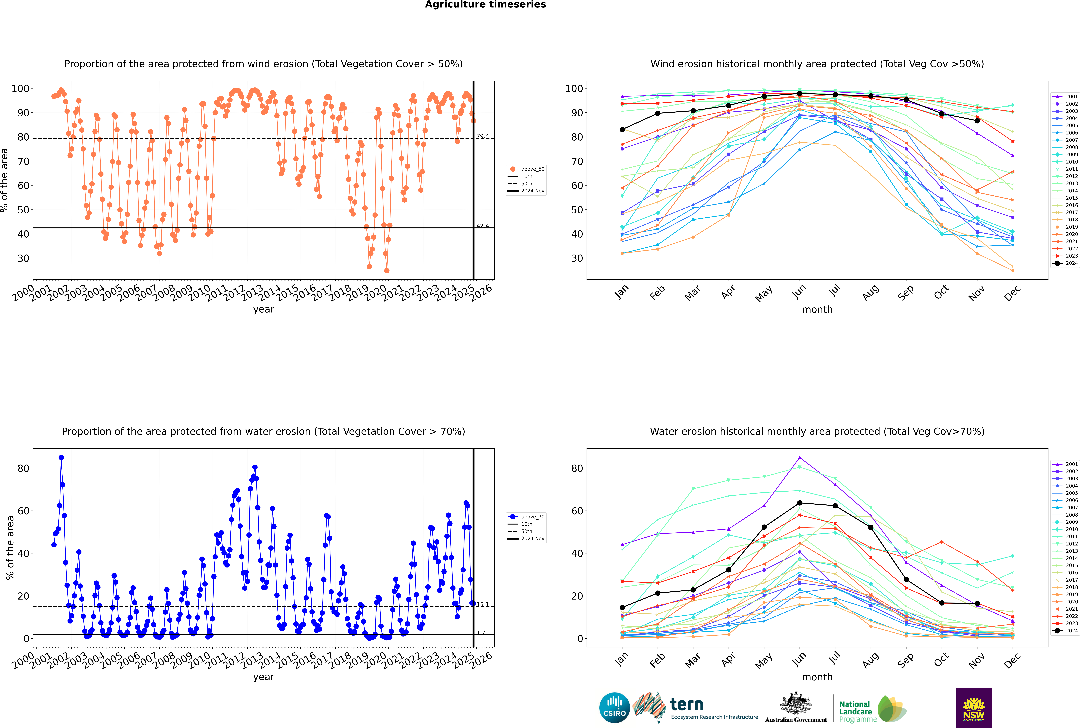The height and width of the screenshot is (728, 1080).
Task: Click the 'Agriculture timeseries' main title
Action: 485,5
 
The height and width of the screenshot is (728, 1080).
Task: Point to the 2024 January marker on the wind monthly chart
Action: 622,130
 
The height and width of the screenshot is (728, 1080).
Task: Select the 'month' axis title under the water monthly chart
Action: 817,677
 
